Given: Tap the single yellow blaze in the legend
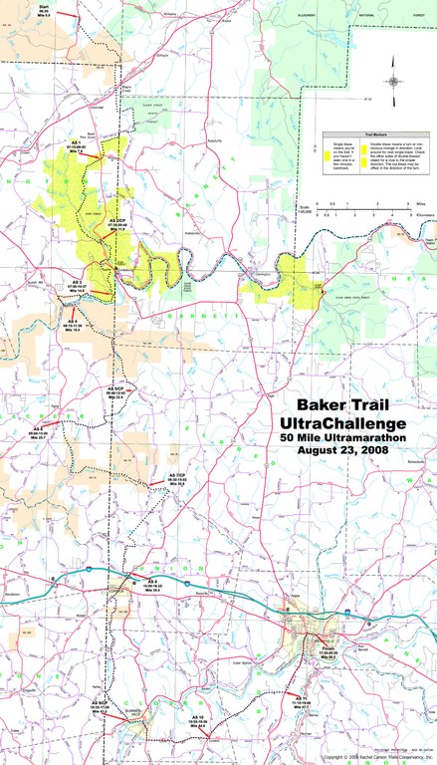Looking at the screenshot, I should (325, 154).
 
